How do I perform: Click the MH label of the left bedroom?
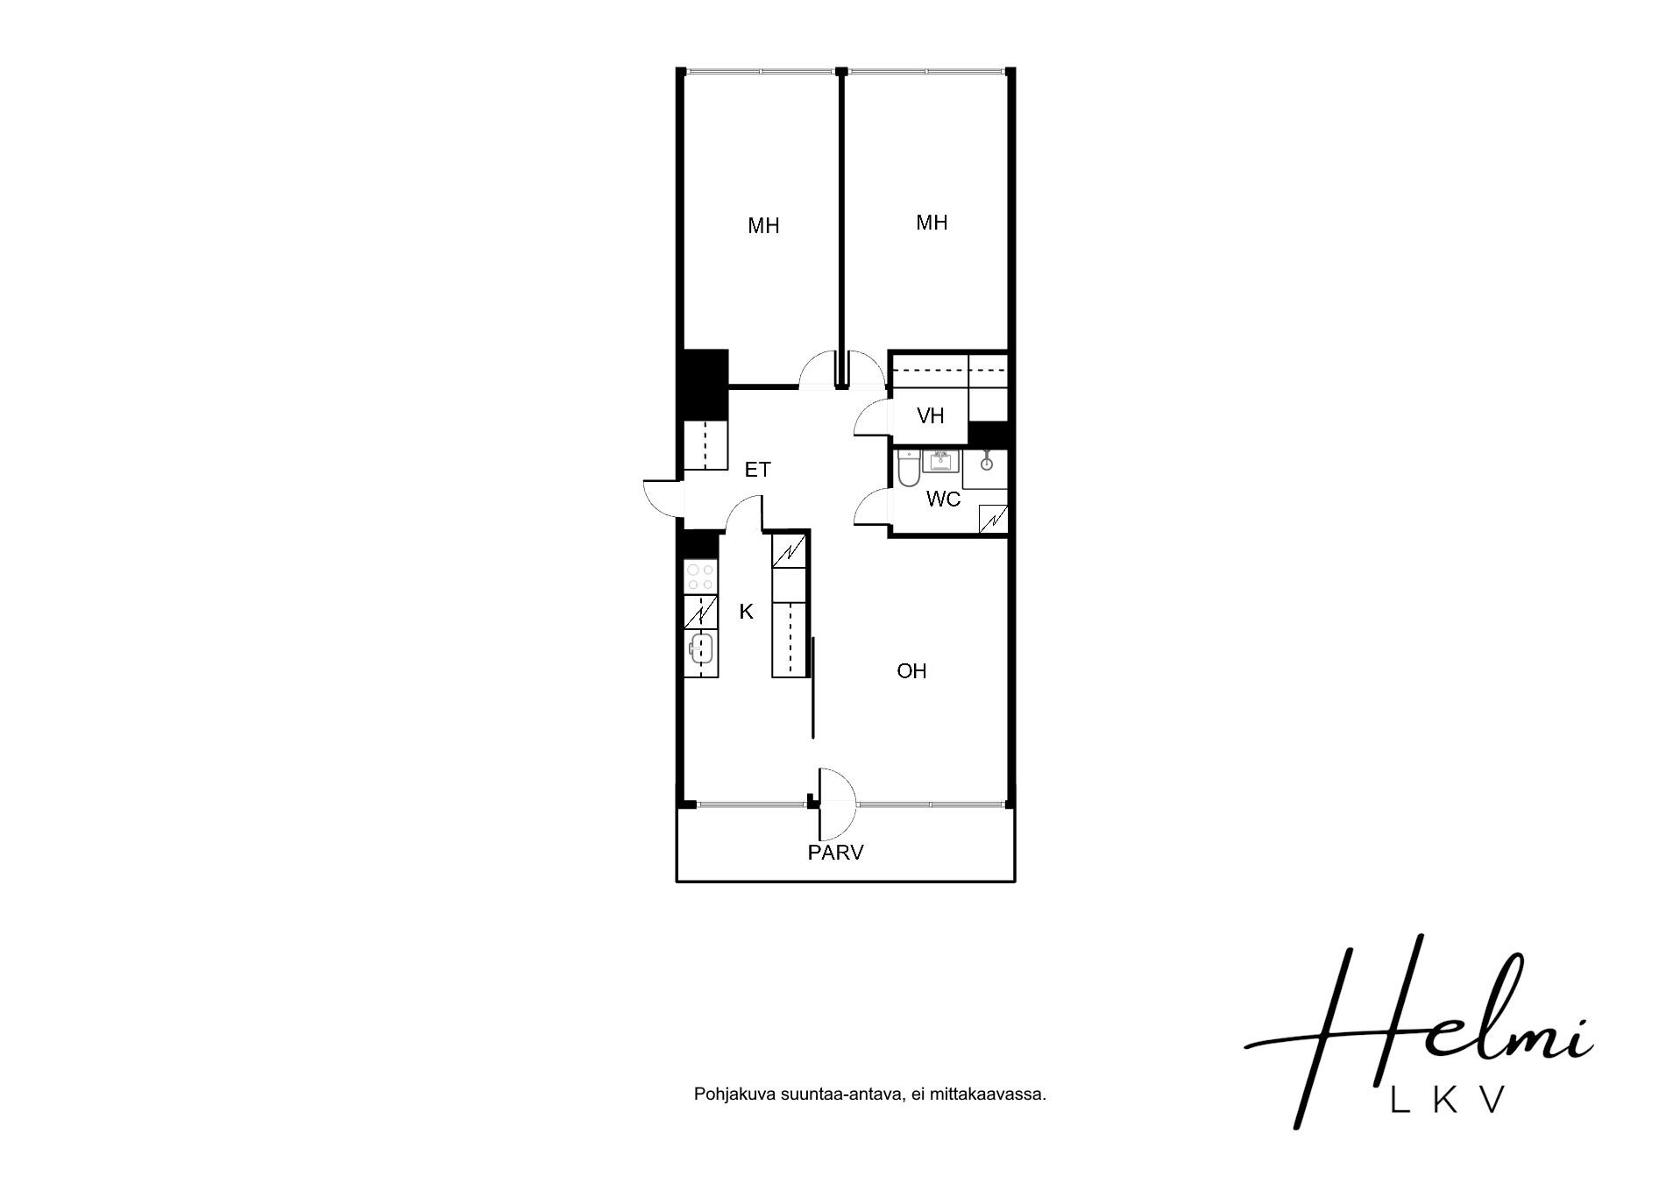pyautogui.click(x=763, y=226)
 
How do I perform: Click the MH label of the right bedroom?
pyautogui.click(x=932, y=223)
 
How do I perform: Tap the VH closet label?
pyautogui.click(x=930, y=415)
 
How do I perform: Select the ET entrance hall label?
pyautogui.click(x=757, y=470)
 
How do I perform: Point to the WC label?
pyautogui.click(x=943, y=499)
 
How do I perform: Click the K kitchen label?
pyautogui.click(x=746, y=612)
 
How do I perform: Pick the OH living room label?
pyautogui.click(x=911, y=671)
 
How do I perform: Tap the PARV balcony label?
pyautogui.click(x=835, y=852)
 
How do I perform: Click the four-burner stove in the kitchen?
pyautogui.click(x=700, y=577)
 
